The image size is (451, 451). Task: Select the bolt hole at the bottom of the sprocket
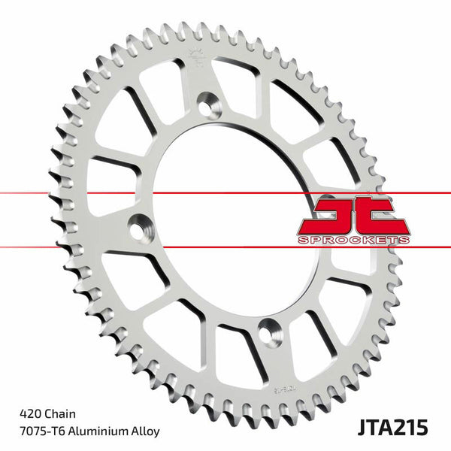point(269,331)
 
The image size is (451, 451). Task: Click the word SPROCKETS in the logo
point(354,239)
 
